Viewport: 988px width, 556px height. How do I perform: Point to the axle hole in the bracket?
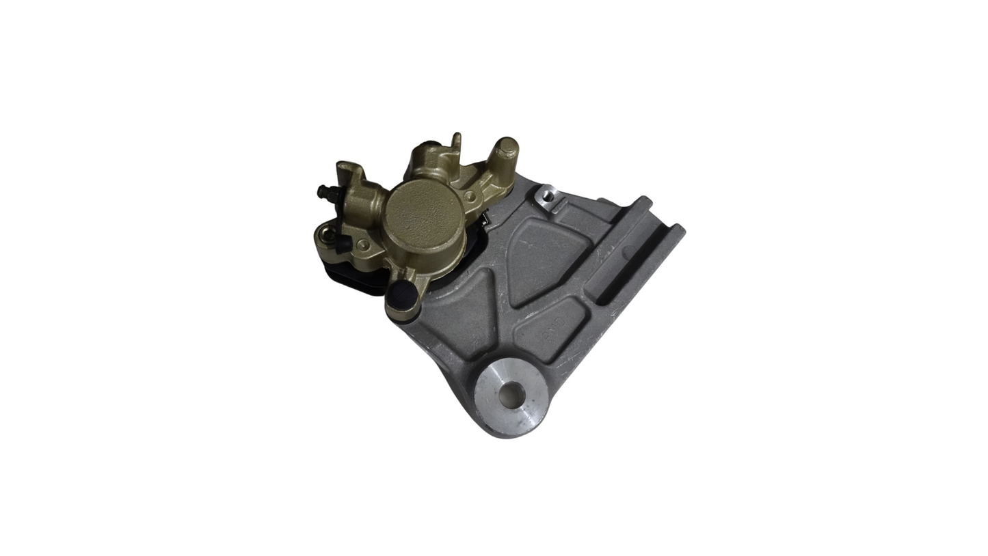click(511, 394)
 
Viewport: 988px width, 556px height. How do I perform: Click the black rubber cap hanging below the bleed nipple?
click(344, 243)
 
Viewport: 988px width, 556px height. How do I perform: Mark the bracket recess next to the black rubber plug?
click(462, 314)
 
